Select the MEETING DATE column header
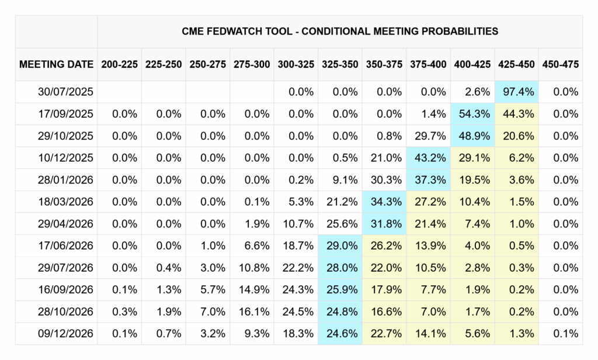click(x=57, y=64)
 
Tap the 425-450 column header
click(x=516, y=64)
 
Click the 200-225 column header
click(x=119, y=64)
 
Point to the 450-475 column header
click(x=560, y=64)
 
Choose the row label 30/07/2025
click(x=65, y=92)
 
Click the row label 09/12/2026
click(x=65, y=333)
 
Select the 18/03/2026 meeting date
click(x=65, y=202)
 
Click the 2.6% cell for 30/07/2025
click(x=478, y=92)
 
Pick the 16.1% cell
click(x=254, y=311)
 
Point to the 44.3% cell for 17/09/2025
click(x=519, y=114)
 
